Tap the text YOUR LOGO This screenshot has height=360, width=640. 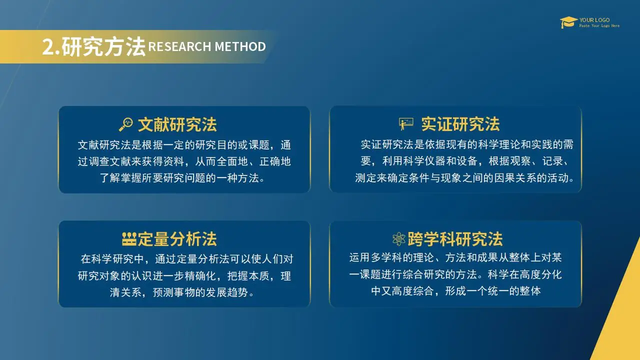(594, 20)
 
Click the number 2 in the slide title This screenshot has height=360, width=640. (48, 47)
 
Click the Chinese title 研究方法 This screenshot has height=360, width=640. (103, 46)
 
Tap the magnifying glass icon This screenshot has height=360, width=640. (126, 124)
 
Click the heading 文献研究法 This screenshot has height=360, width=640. (177, 124)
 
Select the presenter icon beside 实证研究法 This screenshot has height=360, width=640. (406, 124)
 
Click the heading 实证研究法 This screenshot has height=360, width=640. (460, 124)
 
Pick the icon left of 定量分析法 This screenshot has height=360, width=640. (129, 239)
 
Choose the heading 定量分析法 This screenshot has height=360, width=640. (177, 239)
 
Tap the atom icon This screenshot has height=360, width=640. (399, 239)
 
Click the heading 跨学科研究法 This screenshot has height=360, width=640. (455, 239)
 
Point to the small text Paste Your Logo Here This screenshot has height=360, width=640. (599, 25)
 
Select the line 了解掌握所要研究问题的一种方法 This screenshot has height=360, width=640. (182, 178)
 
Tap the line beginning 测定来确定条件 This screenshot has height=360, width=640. (464, 178)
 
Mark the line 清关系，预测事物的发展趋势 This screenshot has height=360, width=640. (182, 292)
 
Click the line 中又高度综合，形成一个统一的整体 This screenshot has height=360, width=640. (456, 291)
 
